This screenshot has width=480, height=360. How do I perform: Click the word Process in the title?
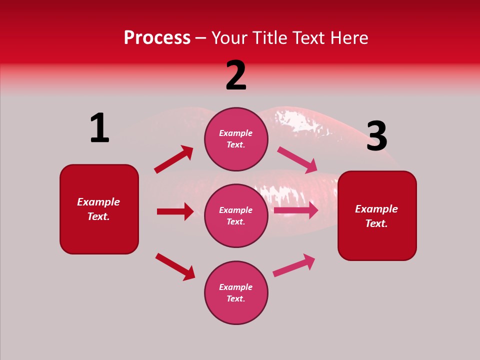(157, 38)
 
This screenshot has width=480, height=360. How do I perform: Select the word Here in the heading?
(349, 38)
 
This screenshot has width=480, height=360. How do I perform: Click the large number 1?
(99, 128)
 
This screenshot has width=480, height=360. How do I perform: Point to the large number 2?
(236, 75)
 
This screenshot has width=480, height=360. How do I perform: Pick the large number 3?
(376, 136)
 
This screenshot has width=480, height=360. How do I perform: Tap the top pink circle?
(236, 139)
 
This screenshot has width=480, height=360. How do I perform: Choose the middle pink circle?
(236, 215)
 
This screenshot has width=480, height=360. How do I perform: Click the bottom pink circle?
(236, 292)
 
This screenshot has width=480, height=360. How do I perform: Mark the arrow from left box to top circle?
(174, 159)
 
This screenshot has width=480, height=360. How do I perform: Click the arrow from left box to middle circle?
(175, 211)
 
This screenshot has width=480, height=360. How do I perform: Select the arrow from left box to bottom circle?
(175, 266)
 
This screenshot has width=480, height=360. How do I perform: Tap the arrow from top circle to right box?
(297, 159)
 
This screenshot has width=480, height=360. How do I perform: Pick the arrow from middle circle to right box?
(296, 210)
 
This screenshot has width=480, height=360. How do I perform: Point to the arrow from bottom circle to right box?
(294, 265)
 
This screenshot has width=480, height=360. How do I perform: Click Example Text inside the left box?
(99, 209)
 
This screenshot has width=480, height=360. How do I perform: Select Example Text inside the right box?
(377, 216)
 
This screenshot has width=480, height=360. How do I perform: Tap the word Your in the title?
(230, 38)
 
